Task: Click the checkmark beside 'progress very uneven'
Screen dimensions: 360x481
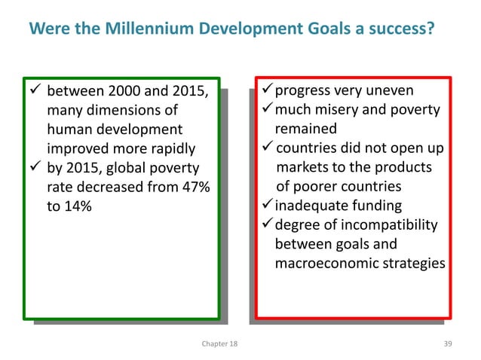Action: point(265,91)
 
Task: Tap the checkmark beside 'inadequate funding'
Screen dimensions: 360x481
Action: point(265,205)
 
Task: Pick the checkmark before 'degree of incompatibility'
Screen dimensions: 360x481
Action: point(265,224)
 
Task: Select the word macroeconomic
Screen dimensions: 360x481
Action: point(324,264)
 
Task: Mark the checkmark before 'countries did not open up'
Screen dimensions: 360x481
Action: point(265,146)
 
